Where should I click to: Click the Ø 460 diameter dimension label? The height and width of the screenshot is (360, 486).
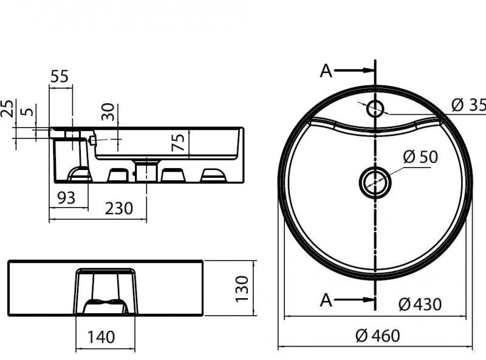[378, 335]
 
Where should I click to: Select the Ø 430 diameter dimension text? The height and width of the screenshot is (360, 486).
[420, 304]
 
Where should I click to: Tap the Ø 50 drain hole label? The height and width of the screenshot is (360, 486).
[420, 157]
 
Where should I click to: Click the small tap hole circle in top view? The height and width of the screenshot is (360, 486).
[375, 109]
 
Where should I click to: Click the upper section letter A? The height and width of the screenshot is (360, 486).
[326, 71]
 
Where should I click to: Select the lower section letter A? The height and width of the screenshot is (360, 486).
[326, 299]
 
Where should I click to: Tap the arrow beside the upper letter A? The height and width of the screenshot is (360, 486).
[355, 71]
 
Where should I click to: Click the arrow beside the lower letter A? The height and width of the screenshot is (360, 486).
[355, 299]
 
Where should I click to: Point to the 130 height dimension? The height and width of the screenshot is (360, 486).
[242, 288]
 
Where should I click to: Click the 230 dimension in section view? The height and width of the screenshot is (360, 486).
[119, 208]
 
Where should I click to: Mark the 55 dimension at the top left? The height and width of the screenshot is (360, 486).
[59, 76]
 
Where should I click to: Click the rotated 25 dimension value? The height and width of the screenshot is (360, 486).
[7, 109]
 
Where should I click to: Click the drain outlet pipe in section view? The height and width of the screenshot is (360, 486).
[146, 171]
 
